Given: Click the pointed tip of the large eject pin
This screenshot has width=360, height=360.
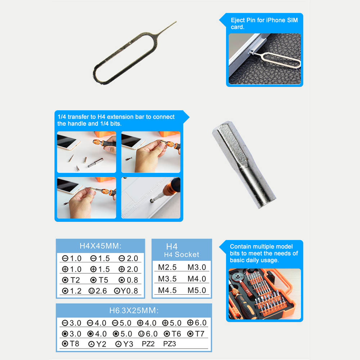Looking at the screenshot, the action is pos(176,22).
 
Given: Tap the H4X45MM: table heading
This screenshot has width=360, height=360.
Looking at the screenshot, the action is pos(100,246).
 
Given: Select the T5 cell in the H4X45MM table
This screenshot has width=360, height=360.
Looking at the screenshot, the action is pos(99,280).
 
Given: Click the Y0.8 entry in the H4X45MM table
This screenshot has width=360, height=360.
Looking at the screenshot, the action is pos(126,291).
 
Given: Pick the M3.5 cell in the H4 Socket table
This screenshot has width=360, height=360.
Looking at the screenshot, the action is pos(167,279).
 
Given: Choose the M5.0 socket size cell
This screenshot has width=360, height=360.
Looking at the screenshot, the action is pos(197,290).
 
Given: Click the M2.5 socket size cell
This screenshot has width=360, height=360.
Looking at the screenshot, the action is pos(167,267).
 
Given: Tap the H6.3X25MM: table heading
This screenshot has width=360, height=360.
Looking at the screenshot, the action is pos(134,310).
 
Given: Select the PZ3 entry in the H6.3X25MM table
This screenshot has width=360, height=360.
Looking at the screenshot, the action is pos(170,344).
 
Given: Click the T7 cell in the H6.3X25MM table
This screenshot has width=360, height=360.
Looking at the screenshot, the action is pos(195,334).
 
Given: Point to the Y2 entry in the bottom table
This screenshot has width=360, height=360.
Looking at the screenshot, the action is pos(97,344).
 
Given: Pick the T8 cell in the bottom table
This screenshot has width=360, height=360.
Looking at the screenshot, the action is pos(71,344).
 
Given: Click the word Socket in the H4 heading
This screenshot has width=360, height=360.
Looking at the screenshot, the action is pos(187,255).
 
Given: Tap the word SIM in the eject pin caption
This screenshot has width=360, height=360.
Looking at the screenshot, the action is pos(292,20).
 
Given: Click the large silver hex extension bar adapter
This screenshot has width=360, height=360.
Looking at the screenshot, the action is pos(244,165).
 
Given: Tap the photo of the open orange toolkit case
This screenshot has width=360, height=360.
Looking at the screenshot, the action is pos(265,294).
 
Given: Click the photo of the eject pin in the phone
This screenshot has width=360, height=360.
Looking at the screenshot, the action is pos(265,59).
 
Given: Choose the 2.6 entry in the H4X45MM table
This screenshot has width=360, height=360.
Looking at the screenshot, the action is pos(98,291).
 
